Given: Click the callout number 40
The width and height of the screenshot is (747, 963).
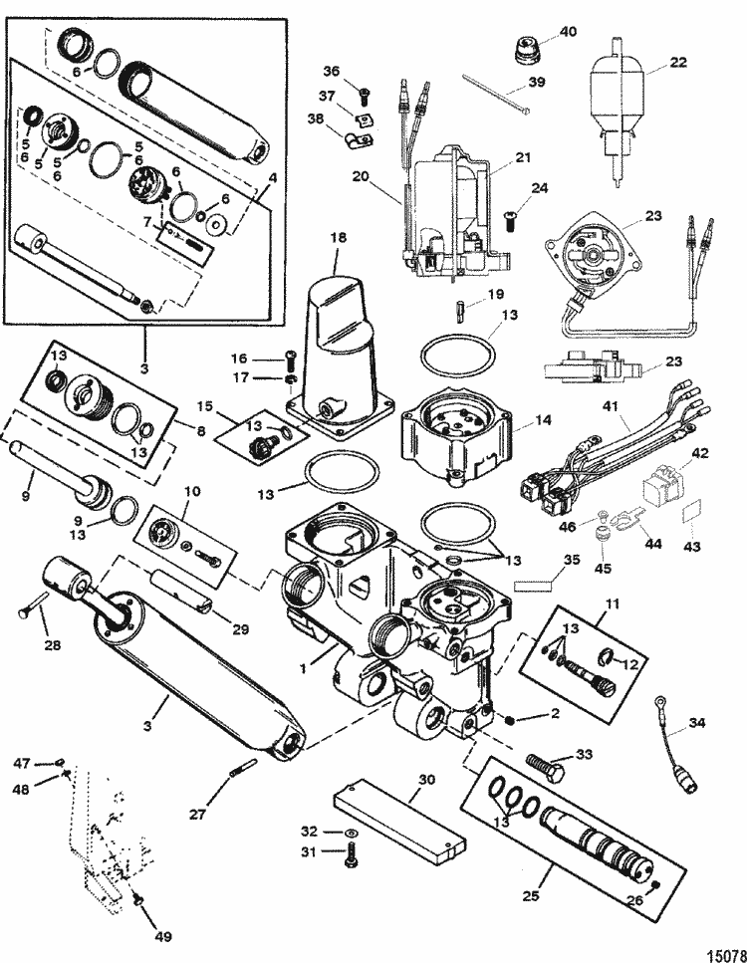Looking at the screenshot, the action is [569, 31].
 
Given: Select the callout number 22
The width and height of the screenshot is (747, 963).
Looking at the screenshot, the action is [677, 62].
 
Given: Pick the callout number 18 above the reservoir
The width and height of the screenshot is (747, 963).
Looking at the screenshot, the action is [339, 236].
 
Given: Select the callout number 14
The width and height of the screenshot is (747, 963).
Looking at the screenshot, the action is [543, 420].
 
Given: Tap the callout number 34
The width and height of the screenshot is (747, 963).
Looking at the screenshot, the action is [696, 723].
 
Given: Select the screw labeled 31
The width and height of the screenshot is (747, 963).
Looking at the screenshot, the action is [352, 854].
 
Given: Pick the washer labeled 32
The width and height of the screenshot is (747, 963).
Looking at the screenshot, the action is [351, 833].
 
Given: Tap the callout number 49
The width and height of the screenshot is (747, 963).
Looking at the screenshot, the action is [163, 936].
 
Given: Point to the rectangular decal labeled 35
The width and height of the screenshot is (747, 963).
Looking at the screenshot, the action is [533, 587].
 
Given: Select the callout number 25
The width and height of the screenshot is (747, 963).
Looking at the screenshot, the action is [530, 895].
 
